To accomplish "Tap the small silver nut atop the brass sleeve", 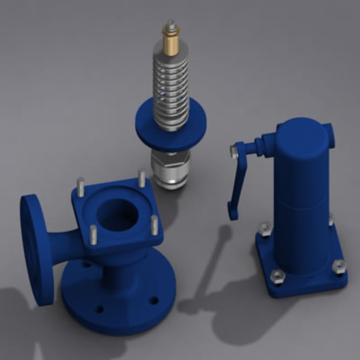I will click(x=171, y=25).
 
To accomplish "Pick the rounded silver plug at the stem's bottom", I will click(x=171, y=182).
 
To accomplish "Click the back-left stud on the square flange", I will click(x=81, y=187).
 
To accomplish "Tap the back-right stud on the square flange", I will click(x=142, y=178).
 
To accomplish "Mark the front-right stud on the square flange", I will click(x=154, y=224).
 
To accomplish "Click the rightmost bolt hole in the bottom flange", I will click(x=154, y=300).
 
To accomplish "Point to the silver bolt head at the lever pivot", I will click(x=234, y=152).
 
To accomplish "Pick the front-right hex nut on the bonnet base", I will click(x=339, y=267).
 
